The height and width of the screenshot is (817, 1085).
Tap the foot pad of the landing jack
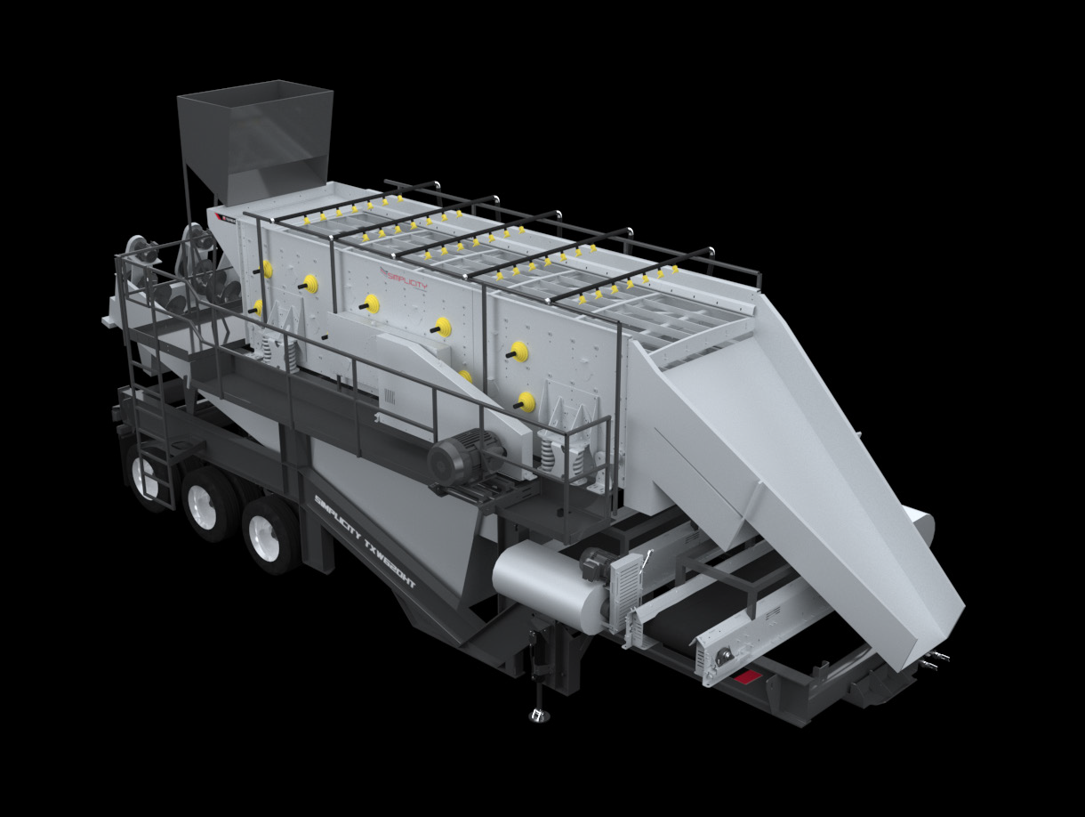tap(536, 714)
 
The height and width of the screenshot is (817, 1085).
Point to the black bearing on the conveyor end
tap(725, 655)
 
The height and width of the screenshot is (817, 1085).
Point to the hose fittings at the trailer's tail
tap(934, 659)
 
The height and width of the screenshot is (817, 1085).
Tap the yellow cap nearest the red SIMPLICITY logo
tap(371, 303)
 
